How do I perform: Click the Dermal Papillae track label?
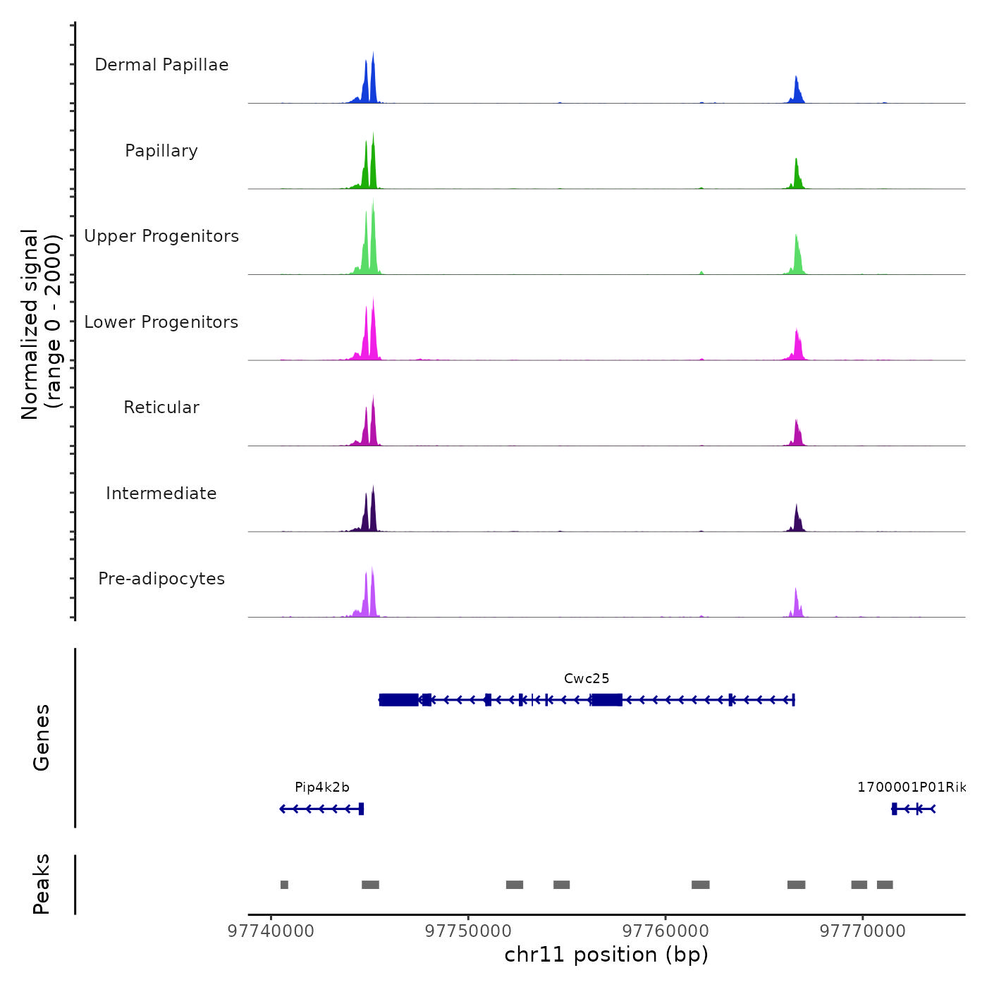161,65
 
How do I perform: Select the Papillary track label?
161,151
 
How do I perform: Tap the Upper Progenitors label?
161,236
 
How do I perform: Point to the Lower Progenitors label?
161,322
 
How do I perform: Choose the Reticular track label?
161,407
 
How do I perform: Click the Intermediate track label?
161,493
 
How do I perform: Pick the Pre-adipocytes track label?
161,579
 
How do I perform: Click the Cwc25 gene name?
587,679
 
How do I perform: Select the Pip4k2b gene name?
322,787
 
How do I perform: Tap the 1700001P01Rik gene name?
912,787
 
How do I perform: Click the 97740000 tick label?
271,931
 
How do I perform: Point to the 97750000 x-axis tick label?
468,931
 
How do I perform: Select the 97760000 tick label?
666,931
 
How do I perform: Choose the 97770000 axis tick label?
863,931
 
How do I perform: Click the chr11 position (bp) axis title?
606,955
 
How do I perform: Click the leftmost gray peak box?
284,885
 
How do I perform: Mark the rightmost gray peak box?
885,885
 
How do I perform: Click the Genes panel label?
42,737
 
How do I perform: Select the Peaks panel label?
42,884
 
